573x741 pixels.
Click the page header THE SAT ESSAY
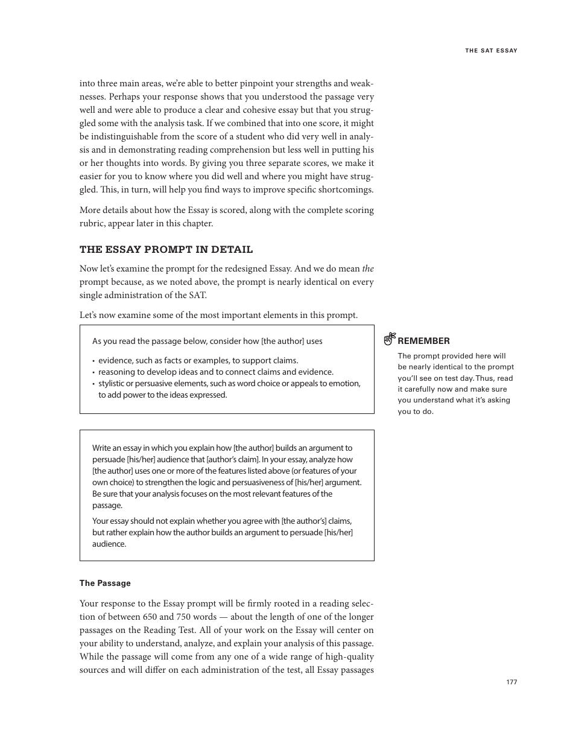click(491, 51)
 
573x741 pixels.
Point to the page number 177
click(511, 682)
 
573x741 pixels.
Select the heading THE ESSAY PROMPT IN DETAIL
click(166, 250)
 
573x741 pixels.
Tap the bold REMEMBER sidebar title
click(423, 341)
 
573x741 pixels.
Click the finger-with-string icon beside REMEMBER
click(390, 339)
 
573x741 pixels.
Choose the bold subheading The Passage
click(105, 583)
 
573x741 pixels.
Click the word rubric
click(92, 223)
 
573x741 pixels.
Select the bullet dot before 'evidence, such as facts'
click(94, 361)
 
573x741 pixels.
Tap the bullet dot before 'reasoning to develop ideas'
click(94, 372)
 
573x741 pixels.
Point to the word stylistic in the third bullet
click(113, 383)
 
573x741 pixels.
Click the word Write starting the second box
click(101, 448)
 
